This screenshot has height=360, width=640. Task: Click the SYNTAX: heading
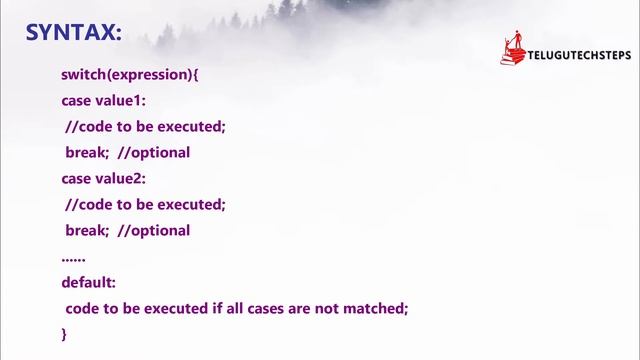click(x=73, y=32)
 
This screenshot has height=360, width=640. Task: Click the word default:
click(x=88, y=283)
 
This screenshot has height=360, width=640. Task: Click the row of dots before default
click(x=73, y=258)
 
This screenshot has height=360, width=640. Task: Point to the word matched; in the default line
click(x=381, y=309)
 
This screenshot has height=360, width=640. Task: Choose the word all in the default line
click(x=231, y=309)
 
